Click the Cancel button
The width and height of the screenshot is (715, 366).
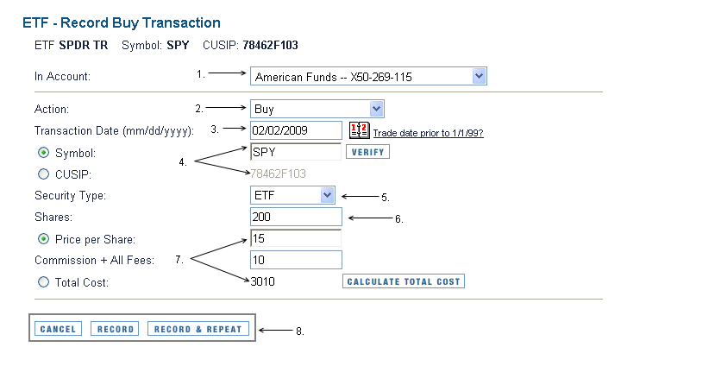tap(59, 329)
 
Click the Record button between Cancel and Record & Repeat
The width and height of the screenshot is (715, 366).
tap(115, 329)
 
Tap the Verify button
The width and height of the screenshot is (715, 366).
tap(367, 152)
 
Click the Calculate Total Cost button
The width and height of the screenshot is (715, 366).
tap(404, 281)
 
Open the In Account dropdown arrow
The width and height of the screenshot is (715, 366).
tap(480, 77)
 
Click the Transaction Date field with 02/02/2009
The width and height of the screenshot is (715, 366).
tap(296, 130)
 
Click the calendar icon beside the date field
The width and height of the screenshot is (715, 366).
tap(359, 131)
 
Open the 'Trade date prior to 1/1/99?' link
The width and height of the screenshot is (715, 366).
tap(428, 133)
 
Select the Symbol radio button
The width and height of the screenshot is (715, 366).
tap(44, 153)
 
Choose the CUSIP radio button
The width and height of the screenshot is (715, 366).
tap(44, 174)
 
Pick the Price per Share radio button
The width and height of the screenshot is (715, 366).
tap(44, 239)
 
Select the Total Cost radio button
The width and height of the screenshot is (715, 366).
tap(44, 282)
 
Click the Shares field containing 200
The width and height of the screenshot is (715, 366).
tap(296, 217)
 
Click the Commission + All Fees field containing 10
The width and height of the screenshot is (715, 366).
tap(296, 260)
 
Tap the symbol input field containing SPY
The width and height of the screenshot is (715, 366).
tap(296, 152)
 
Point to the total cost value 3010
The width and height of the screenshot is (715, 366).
tap(263, 281)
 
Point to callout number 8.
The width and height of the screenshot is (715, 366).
tap(300, 331)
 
